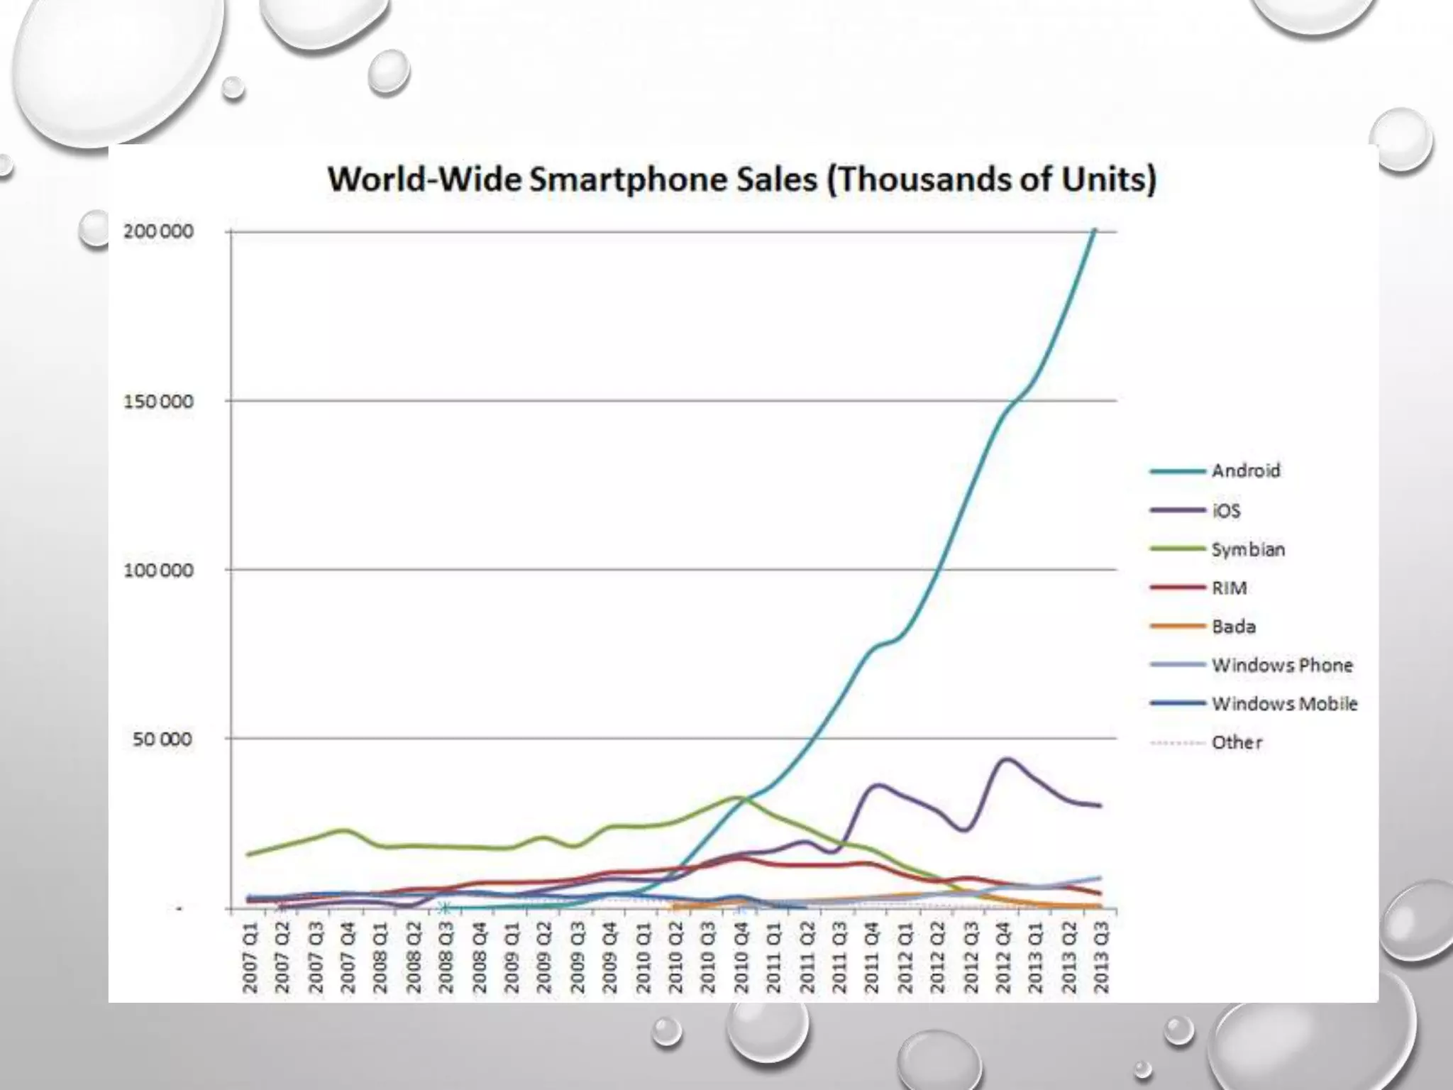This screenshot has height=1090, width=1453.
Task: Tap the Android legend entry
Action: pos(1245,470)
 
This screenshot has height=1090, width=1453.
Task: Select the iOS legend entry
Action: pos(1226,510)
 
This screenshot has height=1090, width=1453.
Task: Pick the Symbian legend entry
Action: pos(1248,549)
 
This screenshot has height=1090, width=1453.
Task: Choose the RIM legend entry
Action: pos(1229,588)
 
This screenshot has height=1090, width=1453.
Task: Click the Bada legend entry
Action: pos(1234,627)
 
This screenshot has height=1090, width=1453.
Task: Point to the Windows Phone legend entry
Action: pos(1281,665)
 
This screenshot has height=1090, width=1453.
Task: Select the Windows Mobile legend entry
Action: pos(1284,703)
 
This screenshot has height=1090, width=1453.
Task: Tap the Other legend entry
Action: pos(1237,742)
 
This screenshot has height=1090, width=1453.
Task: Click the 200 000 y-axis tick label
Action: pos(158,231)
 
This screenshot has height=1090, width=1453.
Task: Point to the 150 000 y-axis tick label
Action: pos(158,401)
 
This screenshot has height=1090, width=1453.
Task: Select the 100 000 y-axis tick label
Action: pos(158,570)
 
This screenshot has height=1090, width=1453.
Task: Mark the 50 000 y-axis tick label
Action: pos(162,739)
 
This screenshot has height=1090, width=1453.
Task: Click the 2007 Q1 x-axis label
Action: pos(250,957)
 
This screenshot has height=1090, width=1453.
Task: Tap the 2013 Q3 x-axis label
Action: pos(1101,957)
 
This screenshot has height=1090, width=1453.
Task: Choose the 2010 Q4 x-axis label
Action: pos(741,957)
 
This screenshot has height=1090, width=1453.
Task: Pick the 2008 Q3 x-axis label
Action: pos(446,957)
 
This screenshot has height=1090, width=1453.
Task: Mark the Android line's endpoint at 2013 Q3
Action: pos(1095,229)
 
